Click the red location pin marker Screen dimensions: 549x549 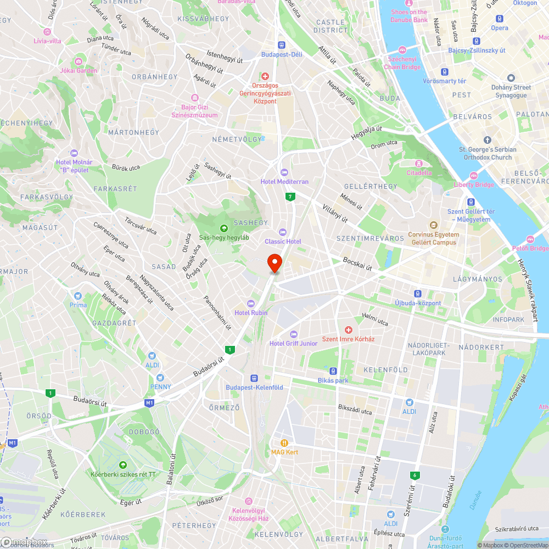pos(274,262)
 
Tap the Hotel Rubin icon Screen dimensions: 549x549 pos(251,303)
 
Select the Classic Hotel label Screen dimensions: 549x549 pos(283,242)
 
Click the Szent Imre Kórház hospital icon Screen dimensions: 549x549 pos(348,329)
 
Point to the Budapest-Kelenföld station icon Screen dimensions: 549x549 pos(254,378)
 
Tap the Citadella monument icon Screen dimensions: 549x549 pos(418,164)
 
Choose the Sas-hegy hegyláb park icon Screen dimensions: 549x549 pos(223,228)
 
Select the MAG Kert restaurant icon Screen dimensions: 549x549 pos(284,442)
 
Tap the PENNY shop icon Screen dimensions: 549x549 pos(160,377)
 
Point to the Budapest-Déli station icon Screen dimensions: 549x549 pos(282,46)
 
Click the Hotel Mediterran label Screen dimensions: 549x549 pos(284,182)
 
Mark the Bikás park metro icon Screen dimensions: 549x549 pos(333,371)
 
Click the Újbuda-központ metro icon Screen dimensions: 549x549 pos(418,294)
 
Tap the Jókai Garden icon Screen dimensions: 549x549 pos(79,61)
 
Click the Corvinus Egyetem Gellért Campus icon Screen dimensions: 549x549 pos(433,225)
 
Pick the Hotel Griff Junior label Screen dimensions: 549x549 pos(293,344)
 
